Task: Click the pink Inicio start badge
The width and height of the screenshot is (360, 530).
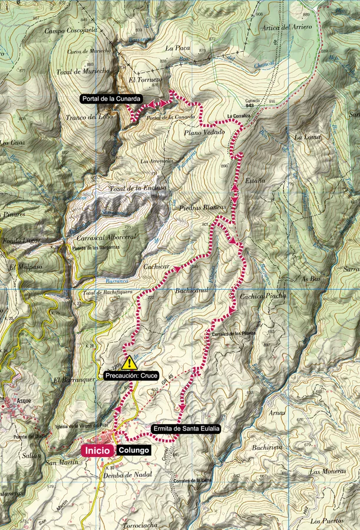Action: [97, 450]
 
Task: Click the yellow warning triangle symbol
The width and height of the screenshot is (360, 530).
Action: [130, 363]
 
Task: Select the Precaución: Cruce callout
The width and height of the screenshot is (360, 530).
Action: [131, 375]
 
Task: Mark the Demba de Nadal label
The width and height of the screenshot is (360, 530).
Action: [127, 473]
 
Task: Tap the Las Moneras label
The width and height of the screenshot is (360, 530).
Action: [326, 471]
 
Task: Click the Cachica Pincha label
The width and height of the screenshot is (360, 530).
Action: [263, 296]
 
